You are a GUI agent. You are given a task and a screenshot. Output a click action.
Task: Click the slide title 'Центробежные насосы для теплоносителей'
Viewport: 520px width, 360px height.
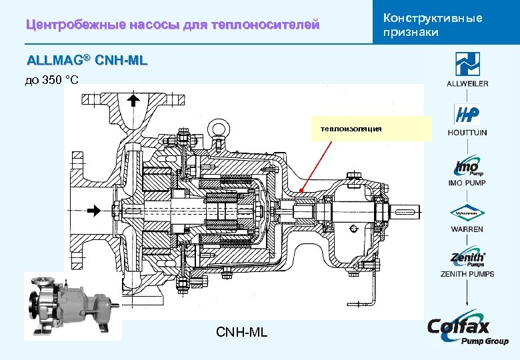point(173,25)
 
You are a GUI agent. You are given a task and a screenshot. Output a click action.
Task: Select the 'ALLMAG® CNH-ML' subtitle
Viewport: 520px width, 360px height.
point(87,61)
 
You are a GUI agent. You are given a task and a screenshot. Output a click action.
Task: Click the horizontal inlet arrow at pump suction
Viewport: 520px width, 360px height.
point(95,211)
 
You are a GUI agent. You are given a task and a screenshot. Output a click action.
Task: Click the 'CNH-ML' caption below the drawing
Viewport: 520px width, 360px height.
point(241,331)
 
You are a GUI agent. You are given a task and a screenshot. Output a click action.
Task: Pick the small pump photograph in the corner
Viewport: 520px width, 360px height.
point(72,306)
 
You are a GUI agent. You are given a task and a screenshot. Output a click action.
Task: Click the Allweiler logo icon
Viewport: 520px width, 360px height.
point(467,64)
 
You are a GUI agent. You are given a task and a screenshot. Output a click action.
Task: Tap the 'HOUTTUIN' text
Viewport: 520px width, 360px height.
point(467,133)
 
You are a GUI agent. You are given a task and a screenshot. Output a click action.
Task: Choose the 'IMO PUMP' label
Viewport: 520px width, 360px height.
point(467,183)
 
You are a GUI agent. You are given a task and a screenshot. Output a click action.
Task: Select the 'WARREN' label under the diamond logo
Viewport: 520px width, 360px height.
point(467,229)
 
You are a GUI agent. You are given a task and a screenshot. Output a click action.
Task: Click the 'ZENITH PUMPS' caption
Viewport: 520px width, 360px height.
point(467,274)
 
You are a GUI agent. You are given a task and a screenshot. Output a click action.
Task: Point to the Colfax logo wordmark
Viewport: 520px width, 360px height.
point(459,326)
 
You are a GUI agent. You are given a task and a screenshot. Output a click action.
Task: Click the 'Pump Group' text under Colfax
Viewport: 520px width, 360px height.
point(485,341)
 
